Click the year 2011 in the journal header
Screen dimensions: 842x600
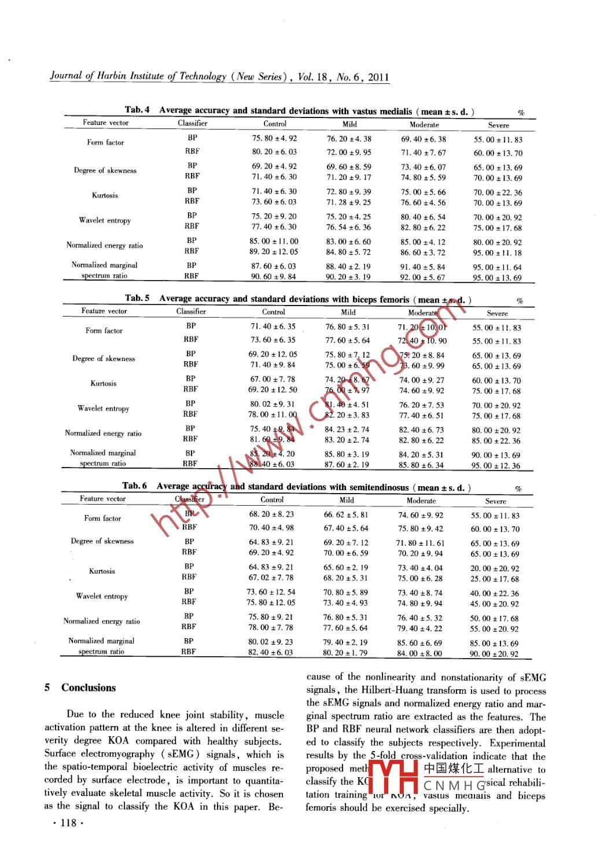(x=378, y=77)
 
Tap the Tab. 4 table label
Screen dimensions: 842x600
(x=137, y=109)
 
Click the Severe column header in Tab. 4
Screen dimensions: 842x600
(x=498, y=125)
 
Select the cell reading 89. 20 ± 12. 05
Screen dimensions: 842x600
(x=274, y=252)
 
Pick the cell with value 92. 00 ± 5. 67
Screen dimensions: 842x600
(x=423, y=277)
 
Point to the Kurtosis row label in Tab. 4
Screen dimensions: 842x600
(x=105, y=196)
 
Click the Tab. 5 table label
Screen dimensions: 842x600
(x=137, y=298)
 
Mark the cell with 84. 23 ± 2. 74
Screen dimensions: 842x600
(x=347, y=429)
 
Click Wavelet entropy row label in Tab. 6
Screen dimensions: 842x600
(x=102, y=596)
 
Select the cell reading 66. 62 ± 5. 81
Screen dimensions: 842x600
(x=345, y=514)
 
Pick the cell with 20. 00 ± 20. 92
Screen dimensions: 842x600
(x=494, y=568)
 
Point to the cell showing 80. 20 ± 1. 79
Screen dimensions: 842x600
(x=345, y=653)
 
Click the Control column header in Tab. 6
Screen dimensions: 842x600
(x=272, y=499)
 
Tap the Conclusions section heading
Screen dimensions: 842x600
(x=89, y=687)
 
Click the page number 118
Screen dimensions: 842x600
(x=68, y=823)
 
